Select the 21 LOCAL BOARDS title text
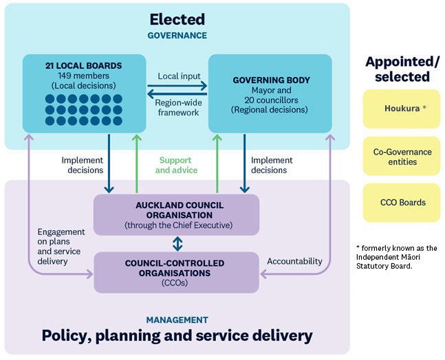[84, 66]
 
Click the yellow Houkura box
[401, 109]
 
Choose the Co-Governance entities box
[401, 156]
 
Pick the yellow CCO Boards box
[401, 203]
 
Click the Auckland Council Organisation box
[176, 214]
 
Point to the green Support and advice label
[176, 165]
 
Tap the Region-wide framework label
[177, 107]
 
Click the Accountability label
[294, 261]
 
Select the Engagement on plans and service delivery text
[62, 247]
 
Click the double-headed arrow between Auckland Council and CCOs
[177, 243]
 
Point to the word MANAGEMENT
[176, 319]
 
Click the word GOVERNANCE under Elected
[176, 35]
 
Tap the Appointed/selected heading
[402, 69]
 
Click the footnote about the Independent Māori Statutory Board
[397, 257]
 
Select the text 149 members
[84, 76]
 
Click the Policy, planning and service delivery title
[177, 336]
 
